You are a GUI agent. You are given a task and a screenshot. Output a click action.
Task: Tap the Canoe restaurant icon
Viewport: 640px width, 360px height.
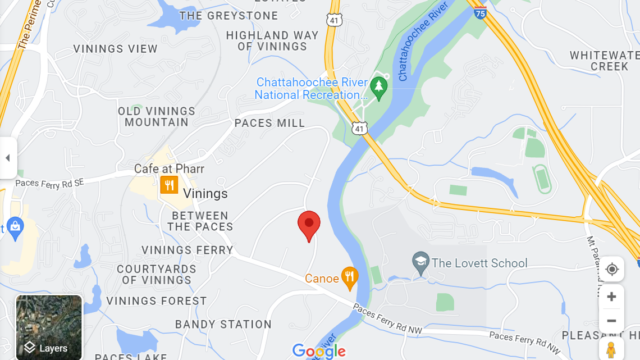tap(350, 277)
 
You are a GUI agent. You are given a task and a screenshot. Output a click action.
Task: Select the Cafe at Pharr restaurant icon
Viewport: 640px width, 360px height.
tap(169, 184)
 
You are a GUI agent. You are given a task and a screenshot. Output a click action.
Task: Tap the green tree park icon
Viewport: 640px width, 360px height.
tap(380, 88)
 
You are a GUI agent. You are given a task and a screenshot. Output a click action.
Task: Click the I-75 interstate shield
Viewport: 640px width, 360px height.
tap(479, 12)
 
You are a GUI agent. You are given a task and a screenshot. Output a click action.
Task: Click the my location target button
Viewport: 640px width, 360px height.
tap(611, 270)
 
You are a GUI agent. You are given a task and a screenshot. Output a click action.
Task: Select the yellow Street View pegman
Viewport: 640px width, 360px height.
tap(611, 349)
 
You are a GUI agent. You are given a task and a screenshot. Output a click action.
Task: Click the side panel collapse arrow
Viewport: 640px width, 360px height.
tap(8, 158)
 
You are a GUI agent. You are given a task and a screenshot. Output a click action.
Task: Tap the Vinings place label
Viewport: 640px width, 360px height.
tap(205, 194)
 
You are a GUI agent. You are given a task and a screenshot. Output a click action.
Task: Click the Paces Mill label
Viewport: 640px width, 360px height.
tap(269, 123)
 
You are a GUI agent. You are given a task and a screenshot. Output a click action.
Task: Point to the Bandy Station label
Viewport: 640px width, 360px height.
tap(223, 324)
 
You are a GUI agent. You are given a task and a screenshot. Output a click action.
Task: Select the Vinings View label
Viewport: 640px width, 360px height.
tap(116, 49)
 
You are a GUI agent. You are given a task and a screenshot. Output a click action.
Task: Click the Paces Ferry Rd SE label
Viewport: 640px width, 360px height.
tap(49, 183)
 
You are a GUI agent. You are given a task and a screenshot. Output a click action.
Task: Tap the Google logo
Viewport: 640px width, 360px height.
tap(319, 351)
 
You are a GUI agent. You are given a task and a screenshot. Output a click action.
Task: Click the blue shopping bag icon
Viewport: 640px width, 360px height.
tap(15, 227)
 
